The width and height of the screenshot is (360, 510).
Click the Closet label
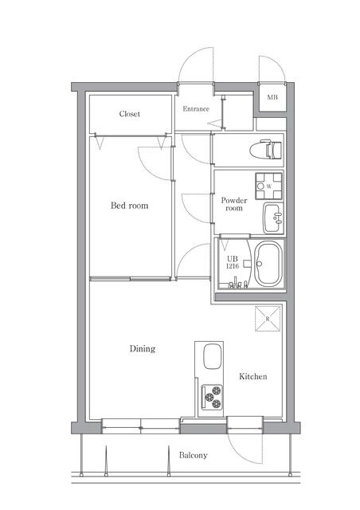(x=130, y=114)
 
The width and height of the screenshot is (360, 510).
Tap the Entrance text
(x=196, y=109)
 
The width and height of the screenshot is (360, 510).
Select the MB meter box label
(x=272, y=97)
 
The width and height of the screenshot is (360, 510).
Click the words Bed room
(x=129, y=206)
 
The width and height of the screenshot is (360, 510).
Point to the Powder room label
(x=234, y=204)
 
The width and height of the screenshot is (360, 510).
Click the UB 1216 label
(x=233, y=262)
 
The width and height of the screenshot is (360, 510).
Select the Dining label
(x=143, y=349)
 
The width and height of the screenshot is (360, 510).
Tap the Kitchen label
(x=253, y=376)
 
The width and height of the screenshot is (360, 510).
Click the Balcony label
(x=194, y=455)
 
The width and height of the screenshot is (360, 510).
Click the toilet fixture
(x=266, y=150)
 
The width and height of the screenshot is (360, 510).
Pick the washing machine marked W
(x=268, y=186)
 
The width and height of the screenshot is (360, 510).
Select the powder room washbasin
(x=273, y=218)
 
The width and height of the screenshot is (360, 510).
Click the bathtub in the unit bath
(x=268, y=264)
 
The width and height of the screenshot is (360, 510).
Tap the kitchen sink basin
(x=213, y=356)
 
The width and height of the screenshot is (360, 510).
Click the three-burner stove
(x=212, y=397)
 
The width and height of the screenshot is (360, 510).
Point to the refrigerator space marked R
(x=268, y=319)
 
